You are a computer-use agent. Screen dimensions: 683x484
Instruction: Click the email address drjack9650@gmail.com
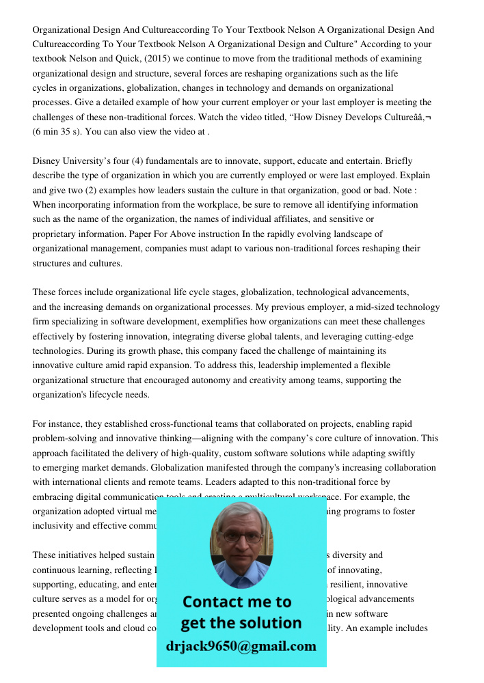pos(241,646)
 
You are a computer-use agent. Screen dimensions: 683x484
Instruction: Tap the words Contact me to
pos(237,602)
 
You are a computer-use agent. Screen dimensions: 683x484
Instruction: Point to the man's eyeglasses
pos(241,537)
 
